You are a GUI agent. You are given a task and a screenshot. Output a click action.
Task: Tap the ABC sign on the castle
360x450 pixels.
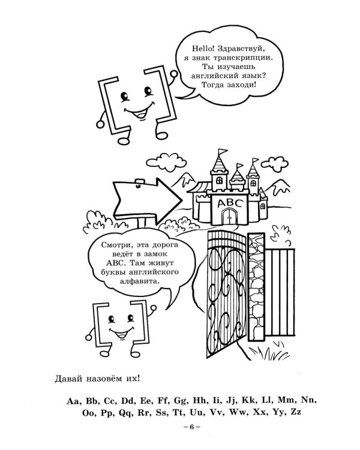[x=230, y=203]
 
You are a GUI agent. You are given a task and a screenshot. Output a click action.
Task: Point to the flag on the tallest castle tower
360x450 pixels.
[x=223, y=152]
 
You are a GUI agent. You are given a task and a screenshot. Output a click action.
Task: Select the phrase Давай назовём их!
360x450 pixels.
[x=97, y=379]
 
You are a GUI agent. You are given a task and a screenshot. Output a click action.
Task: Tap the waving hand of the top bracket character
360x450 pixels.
[x=173, y=74]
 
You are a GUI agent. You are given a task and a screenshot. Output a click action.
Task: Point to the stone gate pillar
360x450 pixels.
[x=256, y=287]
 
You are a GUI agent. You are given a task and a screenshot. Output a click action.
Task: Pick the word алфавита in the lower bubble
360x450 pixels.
[x=140, y=281]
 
